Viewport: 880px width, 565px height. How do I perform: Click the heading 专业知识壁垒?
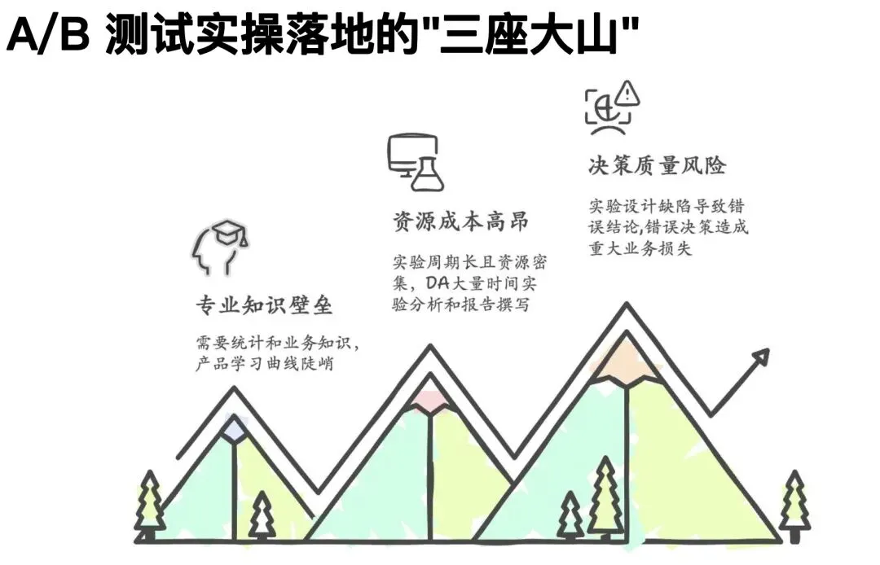(x=264, y=305)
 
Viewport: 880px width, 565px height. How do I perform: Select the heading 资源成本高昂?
(x=460, y=221)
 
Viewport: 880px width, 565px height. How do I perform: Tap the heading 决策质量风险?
(x=658, y=164)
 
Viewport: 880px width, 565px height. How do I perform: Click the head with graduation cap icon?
(x=219, y=247)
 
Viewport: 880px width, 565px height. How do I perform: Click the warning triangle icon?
(x=627, y=93)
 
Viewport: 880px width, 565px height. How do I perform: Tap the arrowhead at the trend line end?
(x=762, y=357)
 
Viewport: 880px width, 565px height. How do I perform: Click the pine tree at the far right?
(x=794, y=506)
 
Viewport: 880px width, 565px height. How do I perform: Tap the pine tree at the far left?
(x=150, y=506)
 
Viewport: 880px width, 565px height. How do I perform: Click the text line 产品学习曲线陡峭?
(x=264, y=362)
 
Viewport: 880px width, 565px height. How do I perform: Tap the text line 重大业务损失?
(x=640, y=247)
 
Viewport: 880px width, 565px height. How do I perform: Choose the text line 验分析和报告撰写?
(x=460, y=304)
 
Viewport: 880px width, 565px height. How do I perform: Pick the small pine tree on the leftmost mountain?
(x=262, y=515)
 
